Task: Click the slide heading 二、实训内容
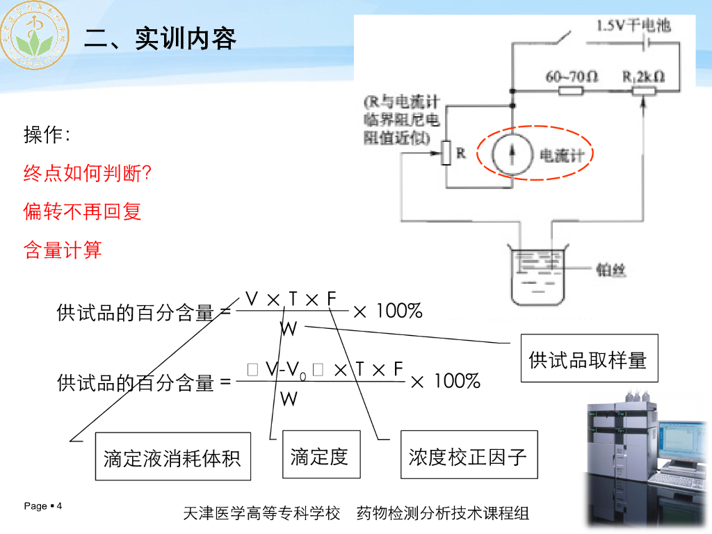pyautogui.click(x=160, y=39)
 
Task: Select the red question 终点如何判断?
pyautogui.click(x=88, y=173)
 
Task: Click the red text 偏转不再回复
pyautogui.click(x=83, y=211)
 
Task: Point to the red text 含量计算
pyautogui.click(x=63, y=250)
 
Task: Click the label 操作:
pyautogui.click(x=47, y=136)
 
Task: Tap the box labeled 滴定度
pyautogui.click(x=321, y=455)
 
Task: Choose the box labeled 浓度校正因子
pyautogui.click(x=469, y=456)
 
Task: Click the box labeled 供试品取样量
pyautogui.click(x=589, y=359)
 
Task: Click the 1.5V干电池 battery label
pyautogui.click(x=633, y=26)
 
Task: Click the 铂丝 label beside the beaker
pyautogui.click(x=612, y=269)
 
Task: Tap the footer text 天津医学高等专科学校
pyautogui.click(x=261, y=514)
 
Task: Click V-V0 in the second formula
pyautogui.click(x=285, y=371)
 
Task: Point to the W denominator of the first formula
pyautogui.click(x=289, y=328)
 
